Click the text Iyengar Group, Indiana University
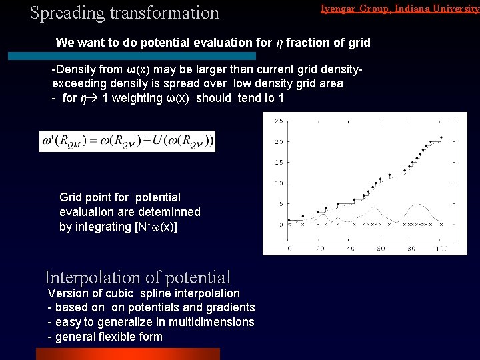click(399, 9)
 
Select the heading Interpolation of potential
click(137, 277)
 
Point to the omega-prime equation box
click(127, 141)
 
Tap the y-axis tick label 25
click(279, 121)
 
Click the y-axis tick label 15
click(279, 162)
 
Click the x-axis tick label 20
click(319, 249)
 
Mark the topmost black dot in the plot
click(441, 137)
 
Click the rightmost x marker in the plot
click(440, 225)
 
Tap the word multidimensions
click(212, 322)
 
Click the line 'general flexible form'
click(108, 337)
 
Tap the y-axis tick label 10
click(279, 183)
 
